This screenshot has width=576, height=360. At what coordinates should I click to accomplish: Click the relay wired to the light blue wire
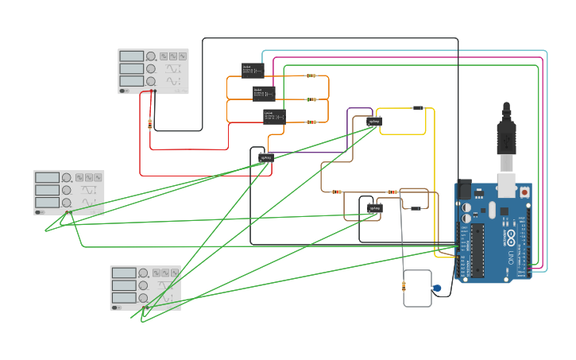coord(253,70)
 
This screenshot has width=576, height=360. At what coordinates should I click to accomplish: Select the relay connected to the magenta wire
coord(264,93)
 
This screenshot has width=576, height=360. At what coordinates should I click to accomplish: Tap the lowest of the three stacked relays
coord(274,116)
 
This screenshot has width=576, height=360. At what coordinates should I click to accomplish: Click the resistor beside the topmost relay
coord(311,76)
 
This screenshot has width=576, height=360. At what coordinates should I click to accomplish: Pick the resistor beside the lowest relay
coord(311,122)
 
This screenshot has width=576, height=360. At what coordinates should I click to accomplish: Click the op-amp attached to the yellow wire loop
coord(374,121)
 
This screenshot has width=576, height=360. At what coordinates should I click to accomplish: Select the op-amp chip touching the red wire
coord(266,157)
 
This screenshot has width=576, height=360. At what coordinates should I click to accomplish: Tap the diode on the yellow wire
coord(419,108)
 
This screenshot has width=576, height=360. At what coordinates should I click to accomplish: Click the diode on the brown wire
coord(415,208)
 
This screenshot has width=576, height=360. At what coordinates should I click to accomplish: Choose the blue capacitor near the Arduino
coord(437,288)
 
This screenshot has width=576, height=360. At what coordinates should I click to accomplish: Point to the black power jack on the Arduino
coord(462,189)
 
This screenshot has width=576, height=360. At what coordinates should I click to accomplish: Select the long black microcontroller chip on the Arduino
coord(477,248)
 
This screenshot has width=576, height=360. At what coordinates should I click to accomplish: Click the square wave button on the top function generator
coord(163,56)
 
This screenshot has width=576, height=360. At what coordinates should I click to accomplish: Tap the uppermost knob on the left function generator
coord(67,177)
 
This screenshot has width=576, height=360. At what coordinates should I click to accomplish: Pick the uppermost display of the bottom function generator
coord(124,273)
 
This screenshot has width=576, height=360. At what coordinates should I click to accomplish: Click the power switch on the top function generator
coord(124,91)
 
